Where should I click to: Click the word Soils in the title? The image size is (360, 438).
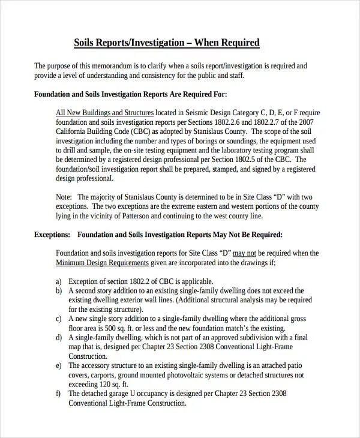click(x=85, y=43)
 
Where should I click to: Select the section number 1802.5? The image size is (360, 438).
click(x=254, y=160)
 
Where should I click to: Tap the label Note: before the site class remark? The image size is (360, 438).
click(x=64, y=197)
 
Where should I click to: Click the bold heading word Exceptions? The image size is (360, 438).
click(x=52, y=235)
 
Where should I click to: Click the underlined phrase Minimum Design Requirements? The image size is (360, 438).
click(x=102, y=263)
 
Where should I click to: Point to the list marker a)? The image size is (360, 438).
click(x=59, y=281)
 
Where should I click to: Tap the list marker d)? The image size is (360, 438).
click(x=59, y=338)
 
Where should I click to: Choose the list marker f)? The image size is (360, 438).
click(x=59, y=394)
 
